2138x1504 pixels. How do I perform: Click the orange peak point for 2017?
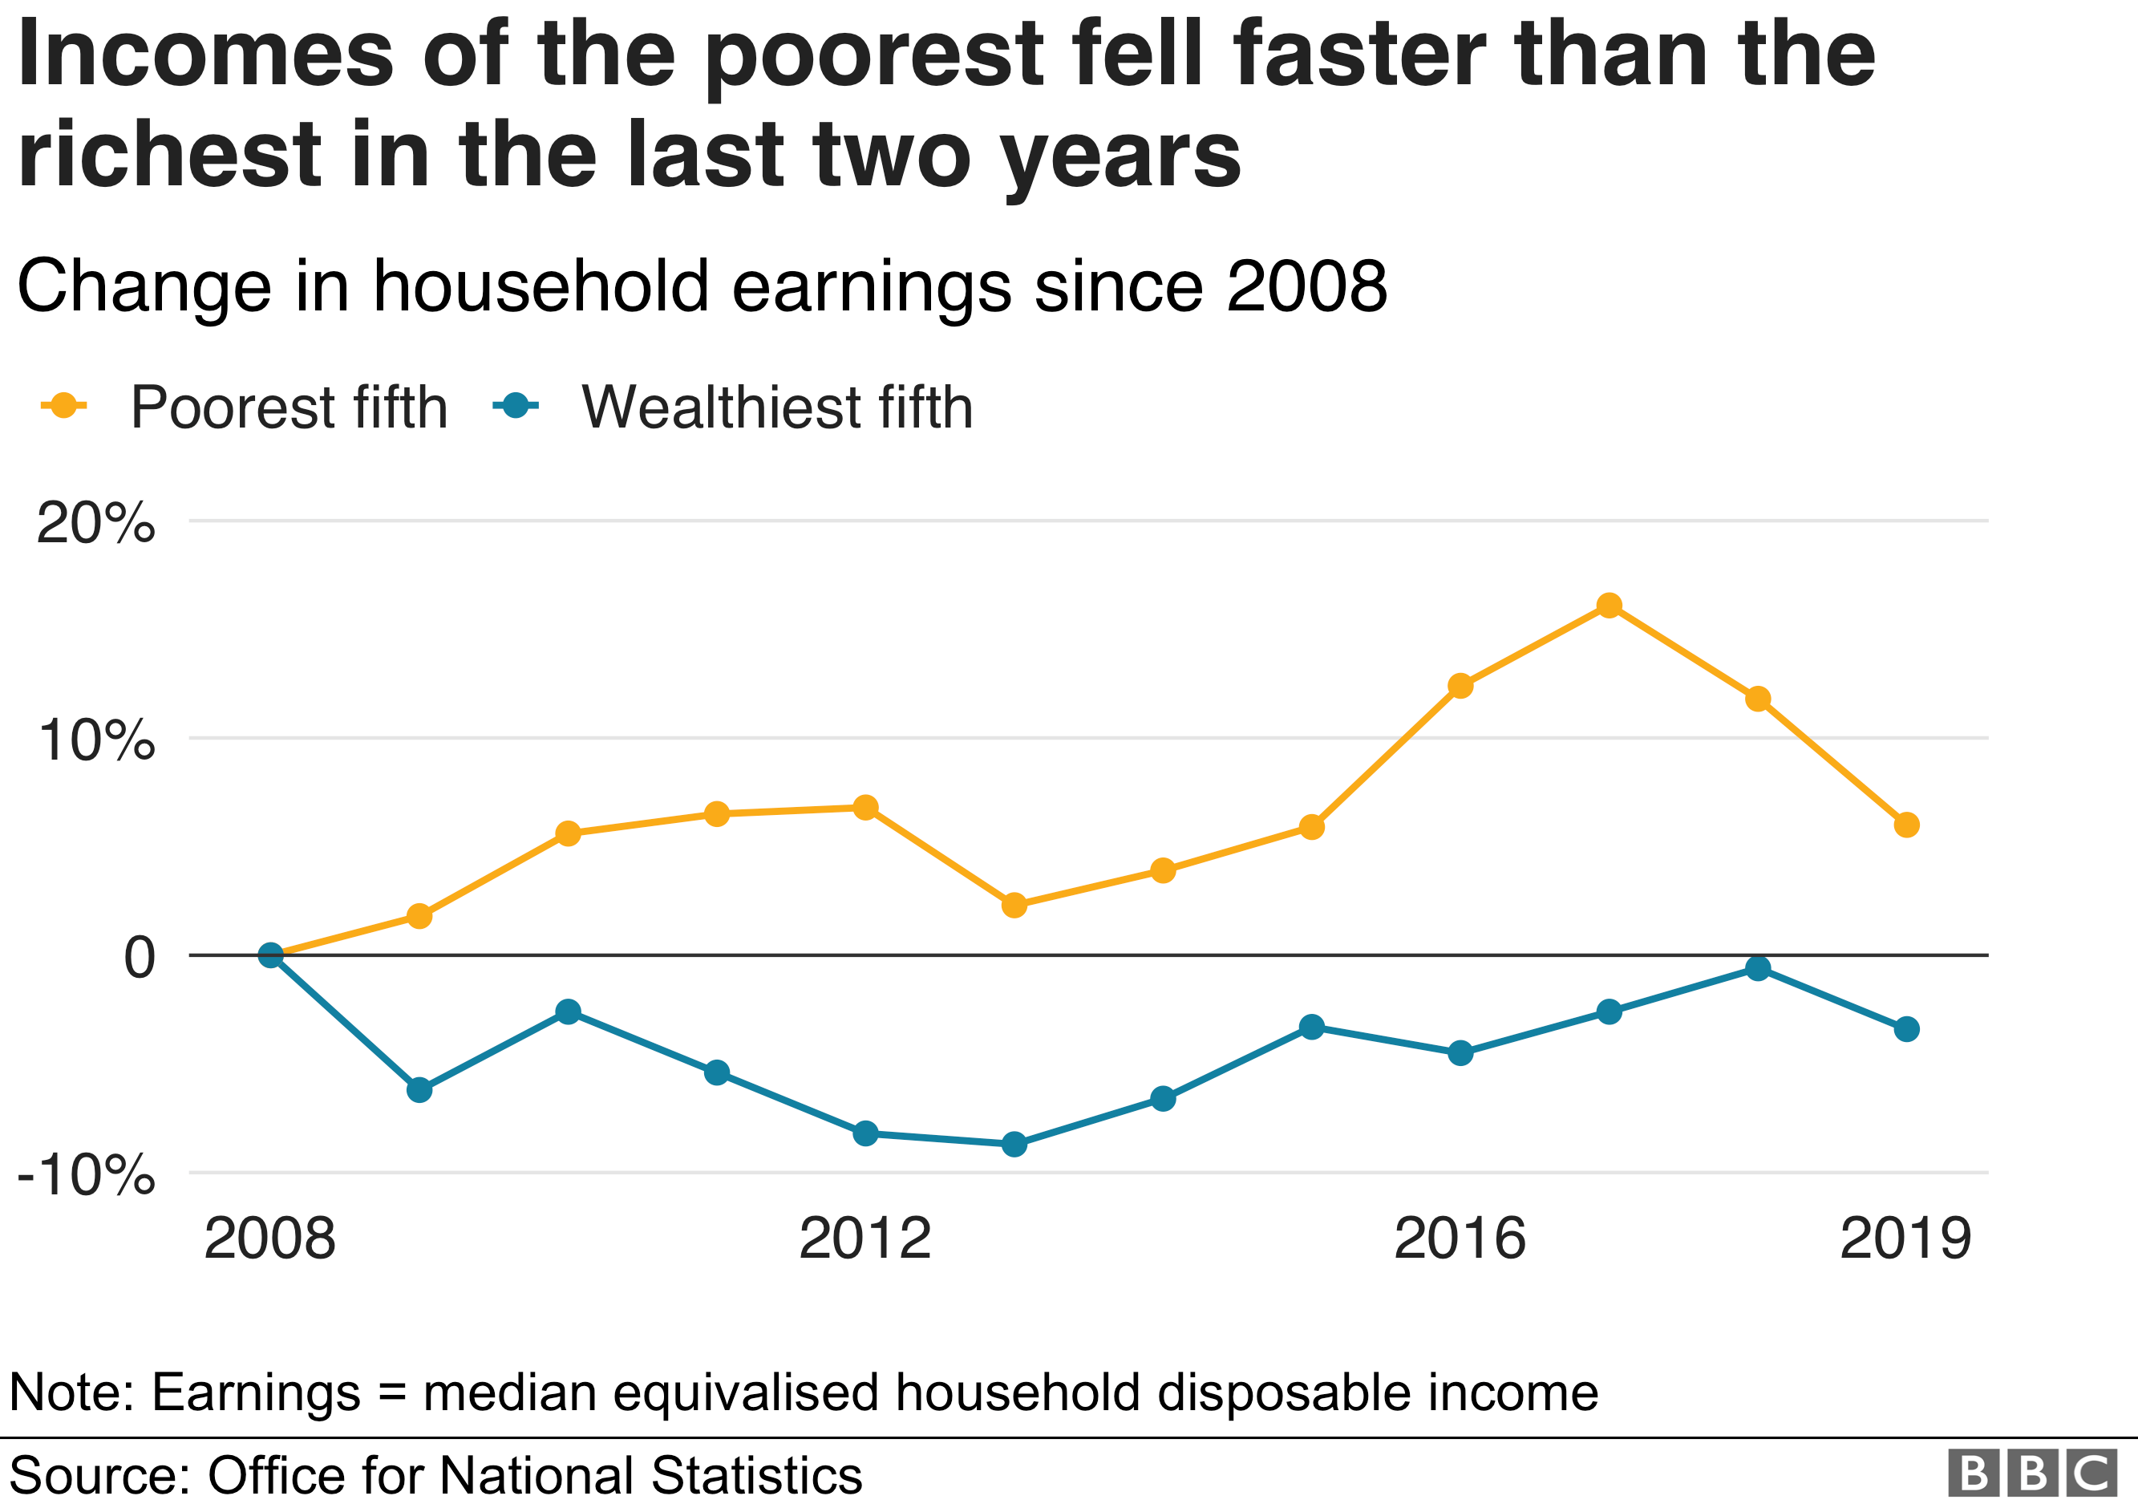(x=1608, y=606)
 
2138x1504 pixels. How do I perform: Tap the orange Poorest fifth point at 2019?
(x=1906, y=824)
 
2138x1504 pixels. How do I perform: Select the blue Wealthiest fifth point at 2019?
(x=1906, y=1029)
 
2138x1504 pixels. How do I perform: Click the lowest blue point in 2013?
(x=1014, y=1144)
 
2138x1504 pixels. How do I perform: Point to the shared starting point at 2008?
(x=270, y=955)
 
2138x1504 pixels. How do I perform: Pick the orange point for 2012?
(x=865, y=808)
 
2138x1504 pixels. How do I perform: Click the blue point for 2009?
(x=419, y=1089)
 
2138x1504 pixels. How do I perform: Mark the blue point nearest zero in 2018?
(x=1757, y=968)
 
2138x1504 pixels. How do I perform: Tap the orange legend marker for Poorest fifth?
(x=63, y=406)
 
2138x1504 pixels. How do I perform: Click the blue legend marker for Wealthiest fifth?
(x=515, y=406)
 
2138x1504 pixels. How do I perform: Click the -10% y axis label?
(x=86, y=1175)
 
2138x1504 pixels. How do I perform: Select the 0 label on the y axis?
(x=140, y=957)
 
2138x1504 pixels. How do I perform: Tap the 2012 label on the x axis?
(x=865, y=1238)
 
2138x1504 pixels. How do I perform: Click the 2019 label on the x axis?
(x=1905, y=1238)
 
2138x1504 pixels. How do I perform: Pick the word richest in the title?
(x=169, y=155)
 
